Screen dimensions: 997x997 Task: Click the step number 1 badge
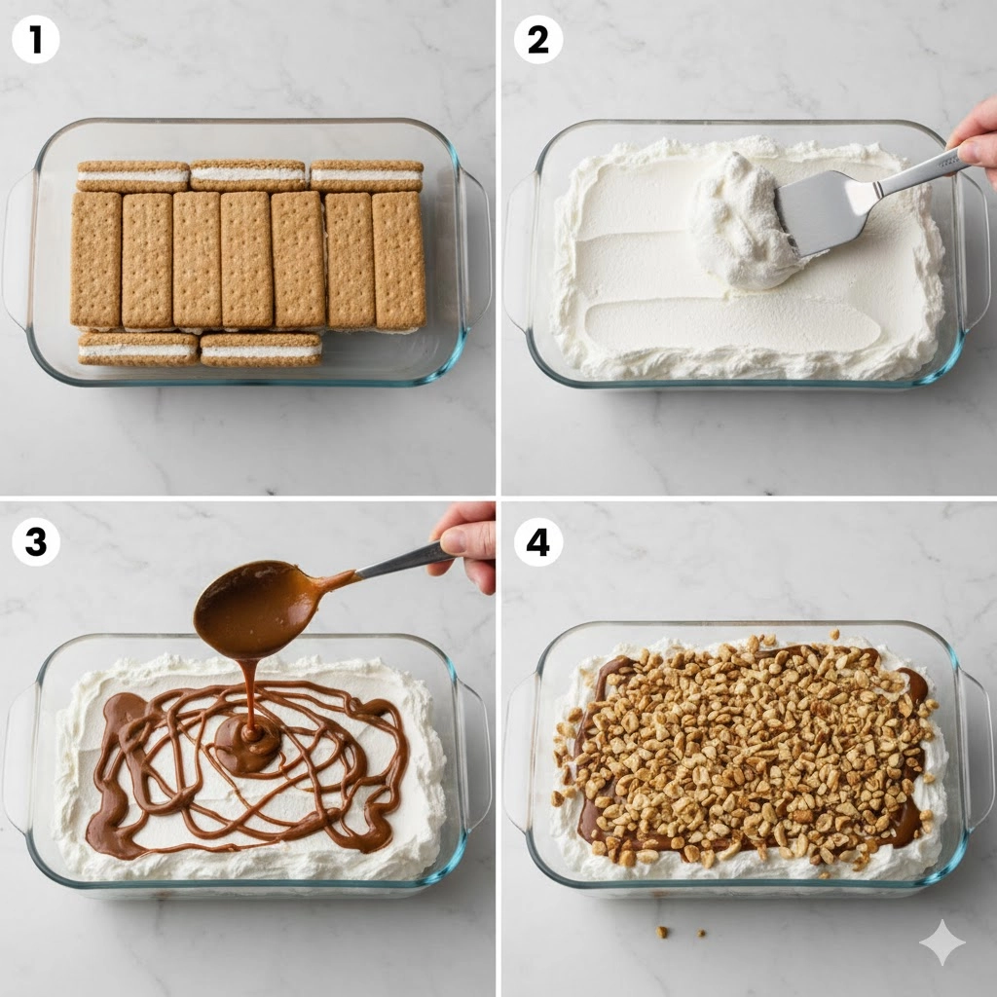click(36, 40)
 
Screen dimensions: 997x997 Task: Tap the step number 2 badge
click(537, 40)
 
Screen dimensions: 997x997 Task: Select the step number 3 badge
click(36, 542)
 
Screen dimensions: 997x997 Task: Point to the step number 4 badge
click(537, 542)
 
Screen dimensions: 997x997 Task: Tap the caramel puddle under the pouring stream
click(248, 744)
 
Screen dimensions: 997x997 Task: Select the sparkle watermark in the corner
click(942, 942)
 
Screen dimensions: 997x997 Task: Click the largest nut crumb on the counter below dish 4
click(662, 932)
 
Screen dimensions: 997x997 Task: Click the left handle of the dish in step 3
click(18, 757)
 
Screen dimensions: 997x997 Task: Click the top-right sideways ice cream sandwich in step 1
click(367, 175)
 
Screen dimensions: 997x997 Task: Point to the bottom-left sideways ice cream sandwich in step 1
click(138, 349)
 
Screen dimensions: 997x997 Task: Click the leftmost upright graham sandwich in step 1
click(96, 259)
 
